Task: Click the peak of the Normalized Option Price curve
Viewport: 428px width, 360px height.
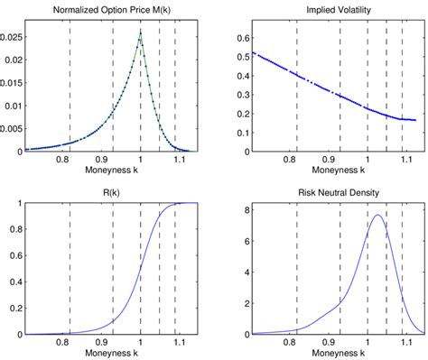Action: coord(141,32)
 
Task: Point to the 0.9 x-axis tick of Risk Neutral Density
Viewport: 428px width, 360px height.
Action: coord(329,342)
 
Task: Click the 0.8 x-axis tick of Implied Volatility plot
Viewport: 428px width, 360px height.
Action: coord(289,160)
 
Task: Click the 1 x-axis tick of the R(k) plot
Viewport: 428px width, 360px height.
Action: coord(141,342)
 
